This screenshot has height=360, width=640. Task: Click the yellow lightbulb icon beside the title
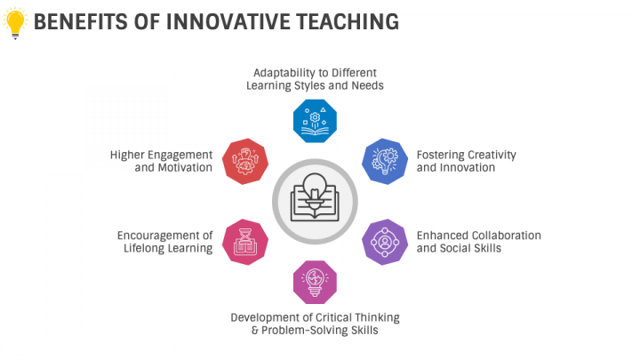pyautogui.click(x=15, y=23)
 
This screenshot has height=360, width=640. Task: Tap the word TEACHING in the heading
pyautogui.click(x=348, y=21)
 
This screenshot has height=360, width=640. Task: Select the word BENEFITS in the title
pyautogui.click(x=80, y=21)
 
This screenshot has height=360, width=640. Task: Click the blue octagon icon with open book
pyautogui.click(x=315, y=121)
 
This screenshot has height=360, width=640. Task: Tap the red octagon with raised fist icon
pyautogui.click(x=245, y=161)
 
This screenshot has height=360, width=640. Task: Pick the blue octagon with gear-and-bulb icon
pyautogui.click(x=385, y=161)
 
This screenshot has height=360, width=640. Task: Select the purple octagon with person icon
pyautogui.click(x=385, y=242)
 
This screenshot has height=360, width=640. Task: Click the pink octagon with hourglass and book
pyautogui.click(x=245, y=242)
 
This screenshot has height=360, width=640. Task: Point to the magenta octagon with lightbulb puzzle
pyautogui.click(x=315, y=282)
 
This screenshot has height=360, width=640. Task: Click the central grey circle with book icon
pyautogui.click(x=315, y=202)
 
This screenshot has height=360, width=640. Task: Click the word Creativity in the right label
pyautogui.click(x=492, y=155)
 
